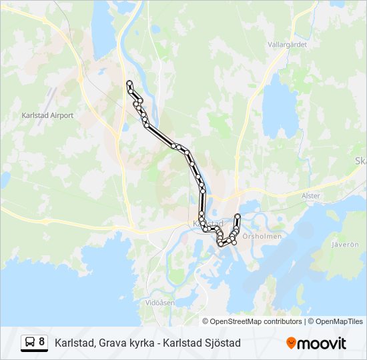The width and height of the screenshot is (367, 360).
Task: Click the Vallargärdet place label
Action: click(x=287, y=44)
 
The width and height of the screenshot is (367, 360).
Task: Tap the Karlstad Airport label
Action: click(x=47, y=115)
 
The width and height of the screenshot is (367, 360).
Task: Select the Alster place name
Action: click(x=311, y=196)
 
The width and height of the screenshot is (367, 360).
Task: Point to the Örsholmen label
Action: click(x=262, y=236)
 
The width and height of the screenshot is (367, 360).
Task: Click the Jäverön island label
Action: click(x=345, y=245)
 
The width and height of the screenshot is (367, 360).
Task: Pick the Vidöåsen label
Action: click(x=159, y=302)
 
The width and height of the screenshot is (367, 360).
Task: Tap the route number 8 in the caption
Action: click(x=42, y=342)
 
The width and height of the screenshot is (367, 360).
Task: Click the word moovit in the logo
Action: click(x=322, y=343)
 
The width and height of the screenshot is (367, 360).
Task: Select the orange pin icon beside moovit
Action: click(x=291, y=343)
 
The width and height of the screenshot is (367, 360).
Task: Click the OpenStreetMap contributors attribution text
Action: click(x=256, y=321)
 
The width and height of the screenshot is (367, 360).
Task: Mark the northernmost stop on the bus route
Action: click(x=129, y=83)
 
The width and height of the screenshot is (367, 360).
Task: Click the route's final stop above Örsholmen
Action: click(x=238, y=215)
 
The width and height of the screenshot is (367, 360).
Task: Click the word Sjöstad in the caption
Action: click(x=224, y=343)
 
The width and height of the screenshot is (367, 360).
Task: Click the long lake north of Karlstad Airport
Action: click(x=103, y=30)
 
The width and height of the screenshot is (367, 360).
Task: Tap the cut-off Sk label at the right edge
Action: click(x=361, y=161)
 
